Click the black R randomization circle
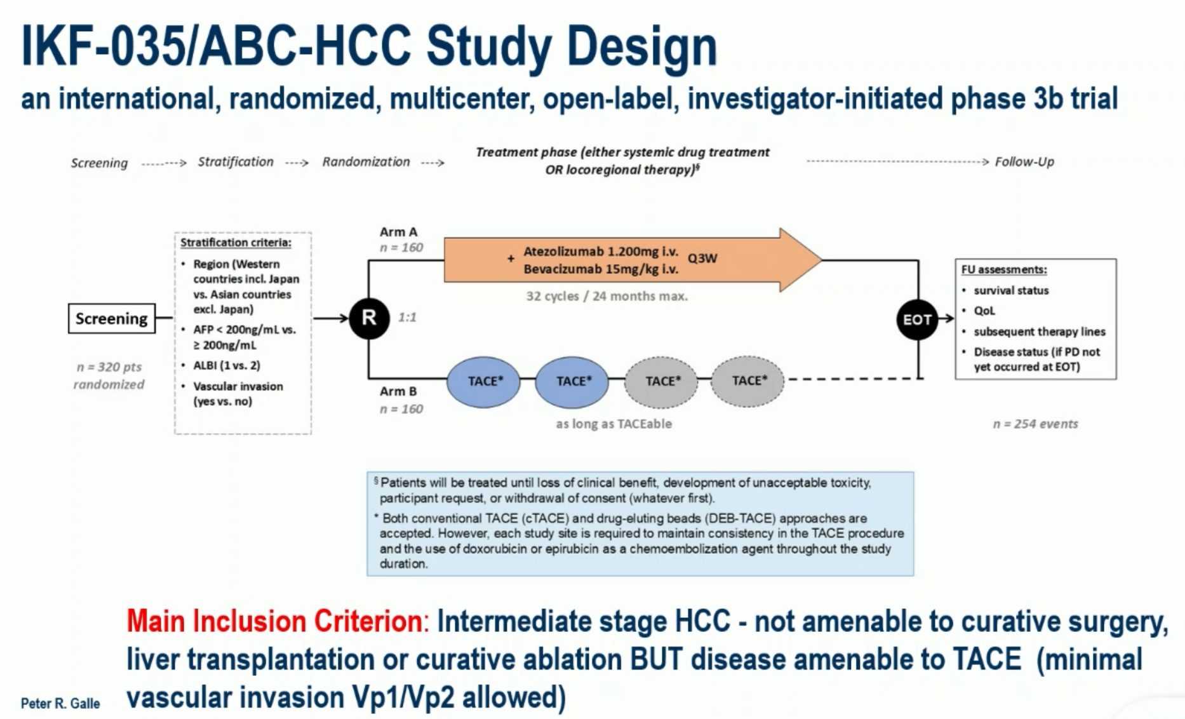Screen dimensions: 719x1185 point(369,318)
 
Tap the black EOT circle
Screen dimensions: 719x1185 point(917,319)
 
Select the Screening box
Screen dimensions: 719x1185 point(112,318)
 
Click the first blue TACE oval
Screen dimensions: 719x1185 point(484,381)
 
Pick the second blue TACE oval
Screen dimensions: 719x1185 point(572,381)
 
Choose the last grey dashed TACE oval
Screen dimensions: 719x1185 point(748,380)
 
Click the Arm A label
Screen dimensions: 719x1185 point(398,232)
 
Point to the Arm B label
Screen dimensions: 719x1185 point(398,391)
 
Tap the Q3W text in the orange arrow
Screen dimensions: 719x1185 point(702,258)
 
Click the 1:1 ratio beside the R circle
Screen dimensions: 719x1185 point(407,317)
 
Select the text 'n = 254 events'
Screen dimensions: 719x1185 point(1035,424)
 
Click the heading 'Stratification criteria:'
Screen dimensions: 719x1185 point(236,243)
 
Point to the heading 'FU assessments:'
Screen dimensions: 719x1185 point(1004,269)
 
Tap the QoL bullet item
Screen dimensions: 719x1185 point(984,311)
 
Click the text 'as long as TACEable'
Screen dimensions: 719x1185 point(613,424)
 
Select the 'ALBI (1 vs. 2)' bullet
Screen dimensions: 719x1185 point(227,365)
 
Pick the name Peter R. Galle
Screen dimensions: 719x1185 point(60,703)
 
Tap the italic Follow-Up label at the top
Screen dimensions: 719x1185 point(1024,162)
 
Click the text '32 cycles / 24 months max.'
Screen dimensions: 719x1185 point(606,296)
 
